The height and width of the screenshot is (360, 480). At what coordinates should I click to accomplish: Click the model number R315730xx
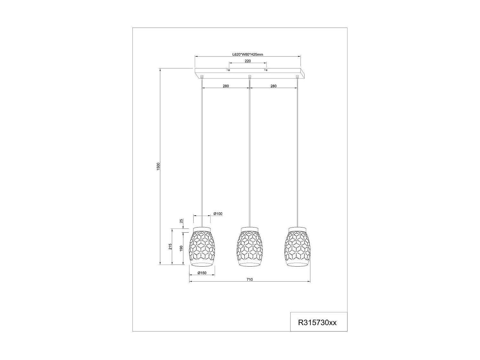point(317,323)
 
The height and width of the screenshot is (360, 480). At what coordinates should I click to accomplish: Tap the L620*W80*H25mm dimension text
point(248,54)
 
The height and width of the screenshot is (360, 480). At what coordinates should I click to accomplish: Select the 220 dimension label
point(248,61)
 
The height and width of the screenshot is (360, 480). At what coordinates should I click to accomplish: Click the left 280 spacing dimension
point(226,86)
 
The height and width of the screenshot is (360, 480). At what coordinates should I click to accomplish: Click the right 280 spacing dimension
point(273,86)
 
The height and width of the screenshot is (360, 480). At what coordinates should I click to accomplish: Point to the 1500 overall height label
point(158,166)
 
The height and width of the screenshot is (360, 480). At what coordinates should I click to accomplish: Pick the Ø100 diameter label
point(218,214)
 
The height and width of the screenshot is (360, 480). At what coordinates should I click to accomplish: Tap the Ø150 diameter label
point(202,273)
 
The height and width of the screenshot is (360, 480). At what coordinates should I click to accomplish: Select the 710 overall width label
point(250,279)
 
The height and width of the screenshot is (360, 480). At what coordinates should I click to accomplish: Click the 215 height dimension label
point(171,246)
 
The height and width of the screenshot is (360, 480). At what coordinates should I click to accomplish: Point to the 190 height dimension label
point(181,248)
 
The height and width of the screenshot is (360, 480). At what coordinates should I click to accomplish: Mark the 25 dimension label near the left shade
point(181,221)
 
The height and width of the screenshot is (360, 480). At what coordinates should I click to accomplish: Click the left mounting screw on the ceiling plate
point(228,70)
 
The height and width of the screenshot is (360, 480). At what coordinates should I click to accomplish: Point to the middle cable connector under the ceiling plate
point(250,76)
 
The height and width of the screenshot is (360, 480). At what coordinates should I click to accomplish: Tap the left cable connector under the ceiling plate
point(202,76)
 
